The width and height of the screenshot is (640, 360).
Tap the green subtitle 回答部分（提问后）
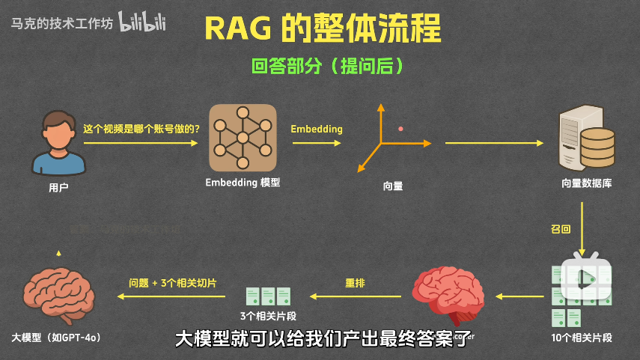[328, 66]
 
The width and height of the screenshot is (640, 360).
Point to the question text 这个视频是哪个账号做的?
[141, 129]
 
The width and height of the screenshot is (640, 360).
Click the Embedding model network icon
[243, 137]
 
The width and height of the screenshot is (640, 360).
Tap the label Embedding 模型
[243, 183]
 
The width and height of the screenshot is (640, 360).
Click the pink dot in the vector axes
[400, 129]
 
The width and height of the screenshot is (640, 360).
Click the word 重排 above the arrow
[355, 283]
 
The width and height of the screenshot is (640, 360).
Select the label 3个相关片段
[268, 315]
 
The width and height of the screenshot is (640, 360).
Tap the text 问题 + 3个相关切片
[173, 283]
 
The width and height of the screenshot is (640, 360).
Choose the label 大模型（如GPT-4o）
[56, 338]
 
